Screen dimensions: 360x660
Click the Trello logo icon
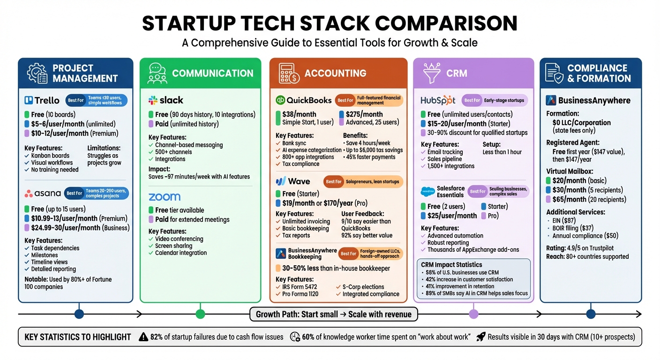tap(28, 100)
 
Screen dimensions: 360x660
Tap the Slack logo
tap(153, 100)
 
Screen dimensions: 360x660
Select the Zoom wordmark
tap(165, 197)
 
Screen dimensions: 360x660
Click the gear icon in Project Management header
tap(37, 73)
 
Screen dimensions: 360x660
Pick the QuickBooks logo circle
tap(280, 100)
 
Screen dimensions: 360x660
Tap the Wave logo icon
tap(281, 181)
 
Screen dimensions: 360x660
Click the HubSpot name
tap(438, 100)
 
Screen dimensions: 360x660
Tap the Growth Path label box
tap(333, 314)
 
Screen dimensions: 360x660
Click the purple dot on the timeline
tap(473, 314)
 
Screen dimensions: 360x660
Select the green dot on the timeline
tap(200, 314)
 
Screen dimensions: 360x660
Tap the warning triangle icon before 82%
tap(144, 337)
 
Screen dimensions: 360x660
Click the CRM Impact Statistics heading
tap(451, 265)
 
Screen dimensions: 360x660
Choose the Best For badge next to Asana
tap(74, 193)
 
